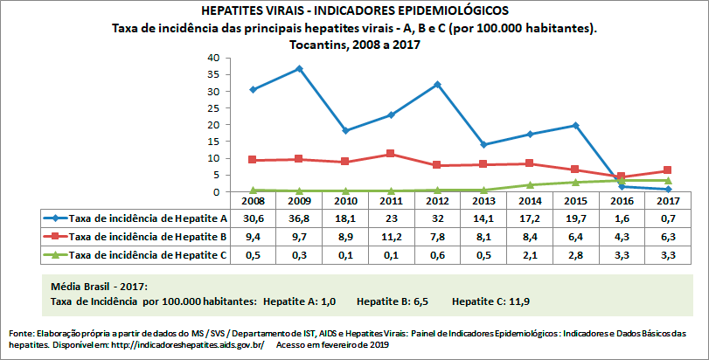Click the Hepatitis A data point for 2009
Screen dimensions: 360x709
tap(299, 68)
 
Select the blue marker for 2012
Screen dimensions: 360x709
tap(438, 85)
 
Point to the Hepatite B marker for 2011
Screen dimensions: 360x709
tap(392, 154)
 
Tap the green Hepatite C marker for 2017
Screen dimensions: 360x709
tap(668, 181)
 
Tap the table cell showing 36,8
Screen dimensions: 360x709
tap(299, 218)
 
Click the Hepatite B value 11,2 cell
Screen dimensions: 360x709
tap(392, 237)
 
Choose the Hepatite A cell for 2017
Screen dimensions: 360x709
tap(668, 218)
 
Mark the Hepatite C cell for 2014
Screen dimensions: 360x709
tap(530, 255)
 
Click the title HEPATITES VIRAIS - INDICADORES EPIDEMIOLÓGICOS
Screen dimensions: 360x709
tap(354, 10)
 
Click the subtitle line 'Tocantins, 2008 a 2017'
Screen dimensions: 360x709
tap(354, 45)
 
